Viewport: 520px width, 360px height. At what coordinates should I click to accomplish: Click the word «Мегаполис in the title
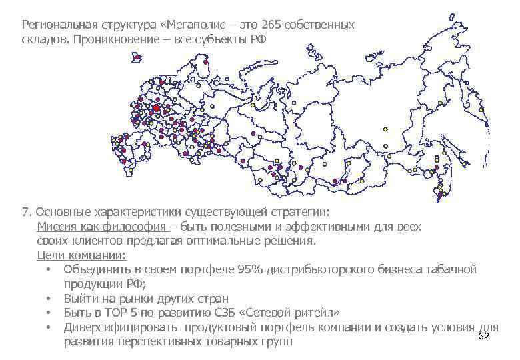193,25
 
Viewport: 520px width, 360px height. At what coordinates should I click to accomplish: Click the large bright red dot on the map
156,107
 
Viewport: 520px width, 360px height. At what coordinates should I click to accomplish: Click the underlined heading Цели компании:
81,256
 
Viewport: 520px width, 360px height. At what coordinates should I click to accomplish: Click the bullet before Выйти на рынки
49,299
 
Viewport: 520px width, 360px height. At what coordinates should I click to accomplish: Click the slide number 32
485,337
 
